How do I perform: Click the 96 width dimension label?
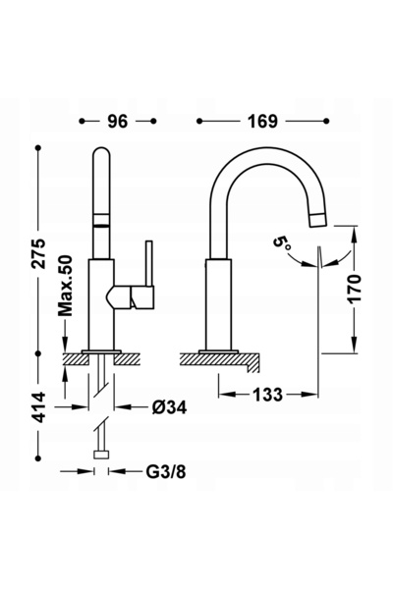click(118, 121)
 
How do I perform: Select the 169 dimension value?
click(262, 121)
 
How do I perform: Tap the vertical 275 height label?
click(38, 253)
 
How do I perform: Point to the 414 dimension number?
click(38, 407)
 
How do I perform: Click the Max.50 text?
click(65, 286)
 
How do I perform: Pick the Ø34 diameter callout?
click(169, 406)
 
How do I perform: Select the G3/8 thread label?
click(166, 471)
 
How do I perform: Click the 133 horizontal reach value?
click(267, 395)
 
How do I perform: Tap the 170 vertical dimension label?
click(355, 289)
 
